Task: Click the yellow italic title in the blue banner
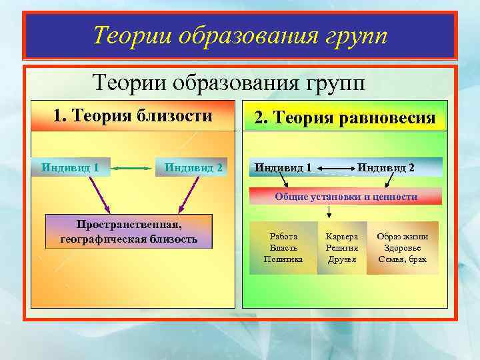[240, 34]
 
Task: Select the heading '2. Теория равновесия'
[345, 119]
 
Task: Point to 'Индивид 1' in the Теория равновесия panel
[283, 167]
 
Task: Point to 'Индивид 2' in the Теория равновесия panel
[386, 167]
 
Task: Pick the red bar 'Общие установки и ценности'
[346, 197]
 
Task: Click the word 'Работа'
[283, 237]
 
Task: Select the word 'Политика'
[283, 259]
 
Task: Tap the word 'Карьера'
[342, 237]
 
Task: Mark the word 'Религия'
[342, 248]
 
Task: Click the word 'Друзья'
[342, 259]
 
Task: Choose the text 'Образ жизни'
[403, 237]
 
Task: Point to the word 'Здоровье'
[403, 248]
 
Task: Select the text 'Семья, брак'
[403, 259]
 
